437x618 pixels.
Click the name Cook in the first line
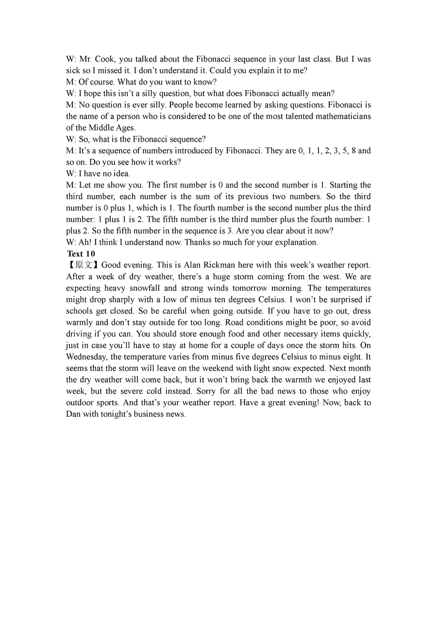104,59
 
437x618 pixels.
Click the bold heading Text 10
81,253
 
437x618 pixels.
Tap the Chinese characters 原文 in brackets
83,265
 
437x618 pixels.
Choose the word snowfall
143,288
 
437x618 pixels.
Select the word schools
80,311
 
